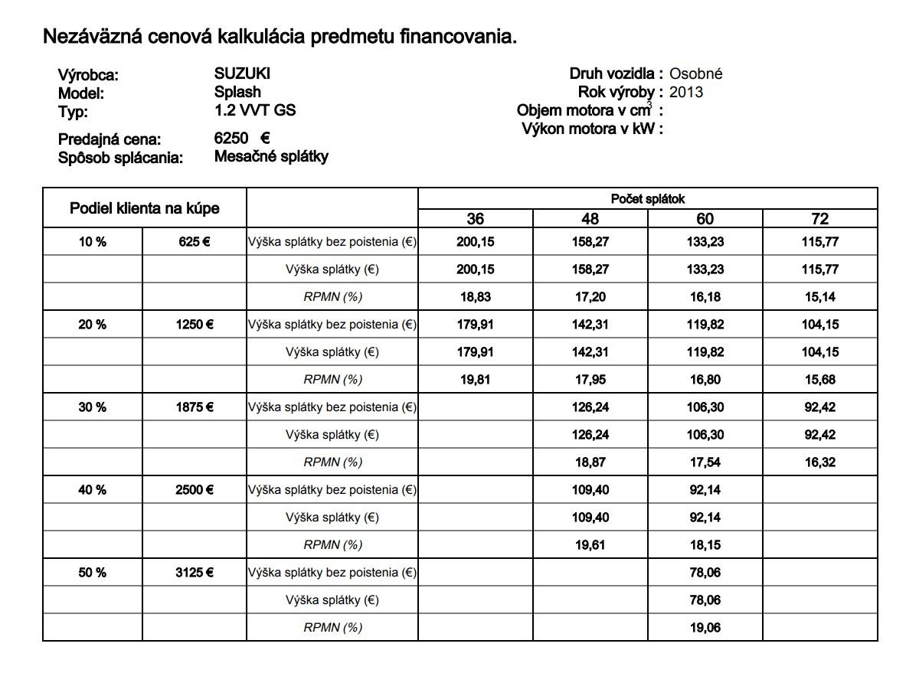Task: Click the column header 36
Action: [475, 219]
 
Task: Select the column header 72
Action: [819, 219]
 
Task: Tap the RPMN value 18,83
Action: [475, 297]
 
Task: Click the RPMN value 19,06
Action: [705, 628]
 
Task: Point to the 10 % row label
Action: [92, 242]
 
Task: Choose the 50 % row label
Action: [92, 573]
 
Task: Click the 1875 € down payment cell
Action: [195, 407]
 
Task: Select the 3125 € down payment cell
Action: [195, 573]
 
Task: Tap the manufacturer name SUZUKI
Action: [242, 74]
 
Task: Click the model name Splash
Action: [237, 92]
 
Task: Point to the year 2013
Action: [685, 93]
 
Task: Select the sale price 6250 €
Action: [242, 139]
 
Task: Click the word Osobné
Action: [695, 74]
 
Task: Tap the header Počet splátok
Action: [647, 199]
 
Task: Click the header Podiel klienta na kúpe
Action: [144, 208]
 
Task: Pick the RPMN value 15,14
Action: [819, 297]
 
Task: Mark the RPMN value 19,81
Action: [475, 380]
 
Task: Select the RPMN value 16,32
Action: [819, 462]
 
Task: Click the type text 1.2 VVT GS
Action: [255, 110]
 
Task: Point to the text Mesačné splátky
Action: [271, 157]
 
